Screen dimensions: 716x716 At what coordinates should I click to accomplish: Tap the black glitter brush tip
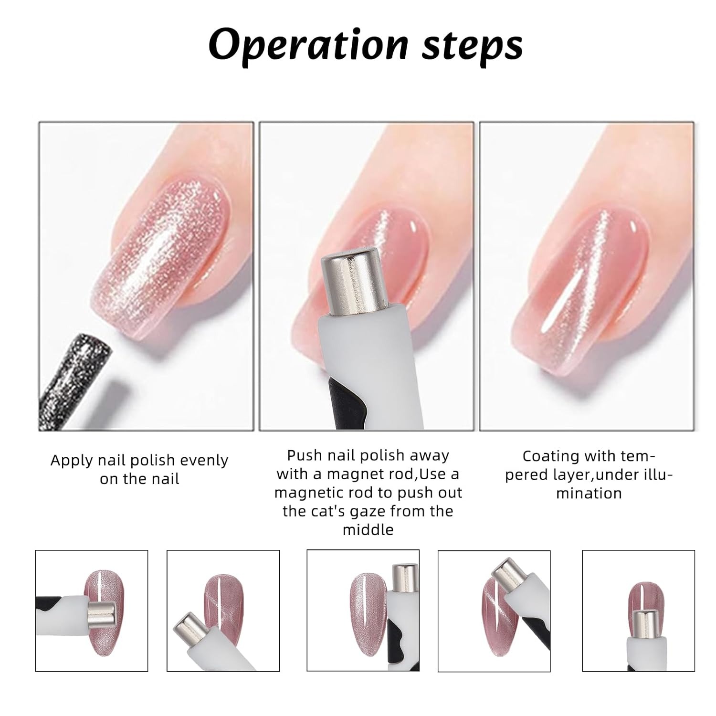click(x=76, y=377)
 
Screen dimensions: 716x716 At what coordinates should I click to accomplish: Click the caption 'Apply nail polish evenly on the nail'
click(x=139, y=469)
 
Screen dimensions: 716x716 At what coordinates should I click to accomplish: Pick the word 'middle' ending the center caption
click(x=368, y=530)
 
